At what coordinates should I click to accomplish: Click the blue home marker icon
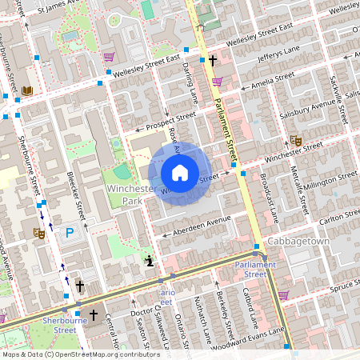click(x=180, y=173)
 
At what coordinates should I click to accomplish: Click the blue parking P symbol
click(x=70, y=233)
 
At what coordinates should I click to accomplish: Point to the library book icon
click(x=28, y=92)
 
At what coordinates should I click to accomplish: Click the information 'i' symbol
click(x=150, y=260)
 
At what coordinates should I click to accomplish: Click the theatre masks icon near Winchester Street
click(x=296, y=141)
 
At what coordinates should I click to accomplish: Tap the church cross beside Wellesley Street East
click(x=212, y=60)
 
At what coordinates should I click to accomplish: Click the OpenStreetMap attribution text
click(x=80, y=354)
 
